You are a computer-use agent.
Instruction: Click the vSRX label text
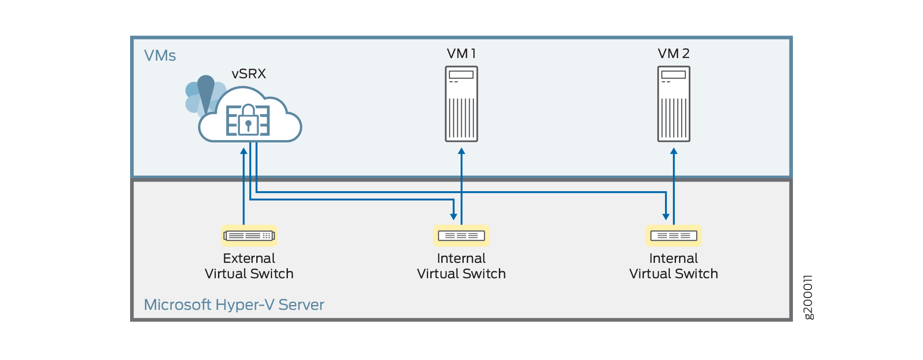pos(249,73)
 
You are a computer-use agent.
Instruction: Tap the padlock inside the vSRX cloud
pos(248,120)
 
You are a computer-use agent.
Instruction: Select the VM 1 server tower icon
pos(461,104)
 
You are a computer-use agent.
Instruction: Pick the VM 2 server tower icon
pos(673,104)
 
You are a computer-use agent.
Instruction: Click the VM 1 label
pos(461,54)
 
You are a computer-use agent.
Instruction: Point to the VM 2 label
pos(673,54)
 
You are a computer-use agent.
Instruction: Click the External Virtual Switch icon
pos(249,236)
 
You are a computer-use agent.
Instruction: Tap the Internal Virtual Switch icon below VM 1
pos(461,236)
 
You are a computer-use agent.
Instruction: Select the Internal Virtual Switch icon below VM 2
pos(673,236)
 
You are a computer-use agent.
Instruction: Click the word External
pos(249,258)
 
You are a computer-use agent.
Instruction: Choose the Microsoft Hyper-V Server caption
pos(234,305)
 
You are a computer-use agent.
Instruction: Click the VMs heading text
pos(160,56)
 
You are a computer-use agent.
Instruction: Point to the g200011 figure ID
pos(808,297)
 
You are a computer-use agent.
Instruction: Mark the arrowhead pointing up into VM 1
pos(461,151)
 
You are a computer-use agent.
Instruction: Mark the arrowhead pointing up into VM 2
pos(674,151)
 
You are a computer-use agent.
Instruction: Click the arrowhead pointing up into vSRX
pos(243,151)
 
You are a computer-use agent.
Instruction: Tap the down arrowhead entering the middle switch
pos(454,217)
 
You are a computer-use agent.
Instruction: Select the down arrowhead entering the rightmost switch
pos(666,217)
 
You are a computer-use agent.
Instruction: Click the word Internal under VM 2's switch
pos(673,258)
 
